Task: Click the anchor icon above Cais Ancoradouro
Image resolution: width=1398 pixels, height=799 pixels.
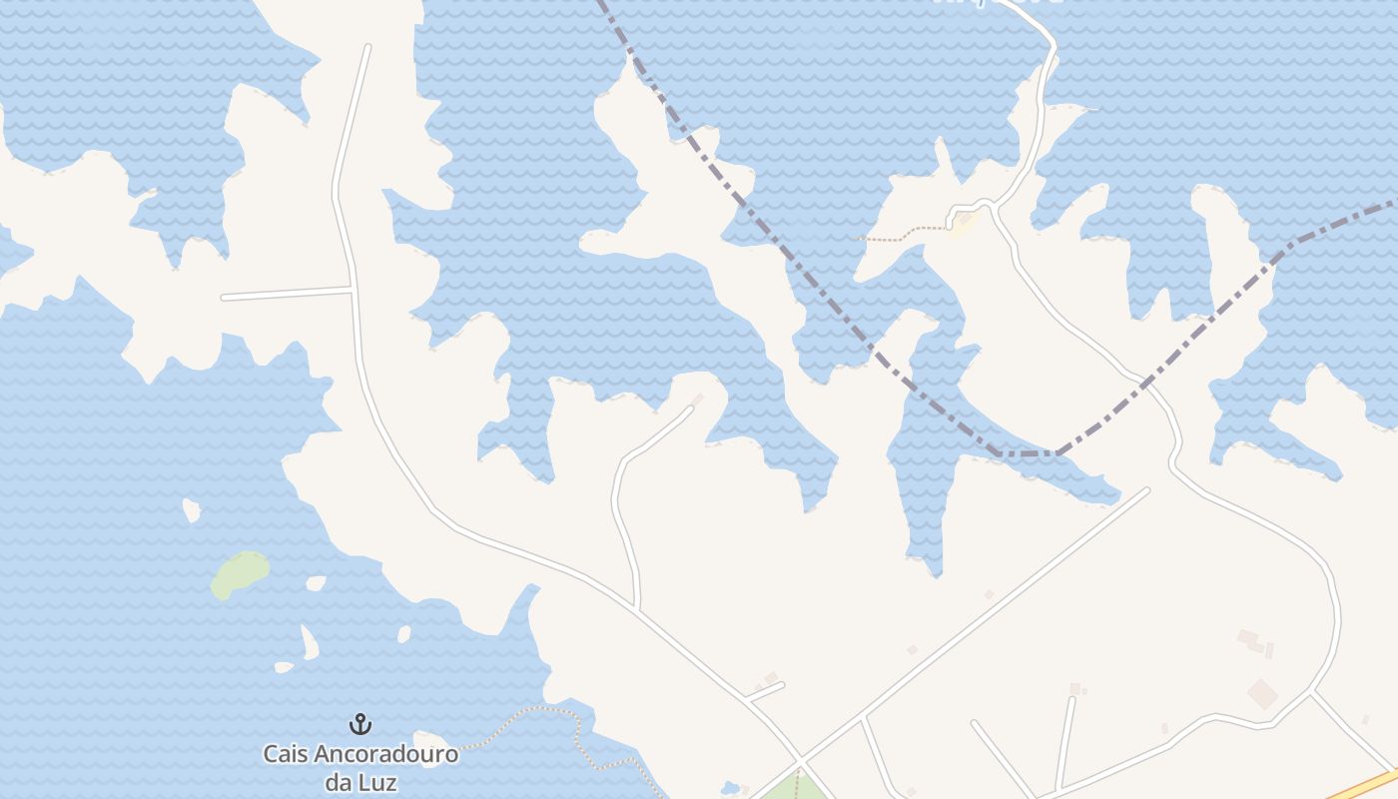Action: (359, 724)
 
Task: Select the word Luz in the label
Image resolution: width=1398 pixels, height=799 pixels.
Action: (378, 781)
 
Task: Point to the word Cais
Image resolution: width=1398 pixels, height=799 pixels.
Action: (285, 754)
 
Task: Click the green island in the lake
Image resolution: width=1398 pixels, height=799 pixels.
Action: (241, 573)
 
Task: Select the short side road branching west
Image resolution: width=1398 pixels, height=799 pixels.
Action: (288, 294)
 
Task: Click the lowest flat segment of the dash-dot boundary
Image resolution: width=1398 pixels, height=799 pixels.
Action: (1029, 454)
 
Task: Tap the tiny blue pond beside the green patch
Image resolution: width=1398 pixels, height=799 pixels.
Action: (730, 789)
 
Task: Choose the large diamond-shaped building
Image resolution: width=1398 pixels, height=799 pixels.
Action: (1262, 693)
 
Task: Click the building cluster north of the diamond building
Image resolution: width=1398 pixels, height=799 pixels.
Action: (1253, 641)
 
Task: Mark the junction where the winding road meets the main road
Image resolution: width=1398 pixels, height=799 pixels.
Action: (637, 605)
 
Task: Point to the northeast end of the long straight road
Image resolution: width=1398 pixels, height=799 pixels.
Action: (1146, 490)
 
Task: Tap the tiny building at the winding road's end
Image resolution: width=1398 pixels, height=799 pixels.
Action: (698, 399)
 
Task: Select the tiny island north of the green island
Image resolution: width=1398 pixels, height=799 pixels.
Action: (191, 510)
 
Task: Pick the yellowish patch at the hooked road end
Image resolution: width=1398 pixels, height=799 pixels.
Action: (961, 226)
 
